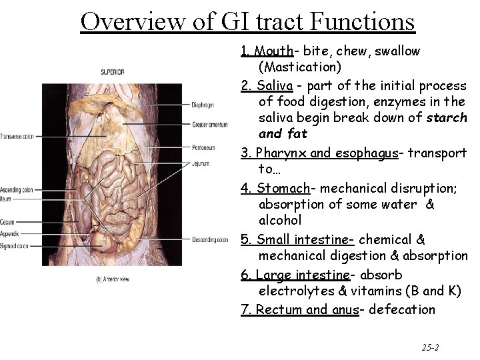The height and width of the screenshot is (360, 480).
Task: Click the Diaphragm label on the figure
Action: coord(203,103)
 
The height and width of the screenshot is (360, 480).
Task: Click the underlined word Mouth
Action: coord(273,51)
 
